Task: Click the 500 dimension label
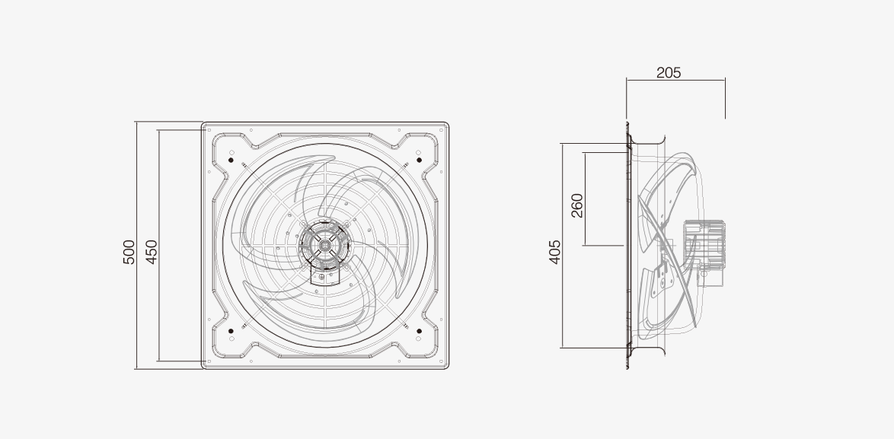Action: pos(129,253)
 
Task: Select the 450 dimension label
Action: pos(151,253)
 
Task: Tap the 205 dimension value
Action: pos(669,73)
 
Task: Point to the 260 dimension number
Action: pos(577,205)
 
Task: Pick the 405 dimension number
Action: pos(555,252)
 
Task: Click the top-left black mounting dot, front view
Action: pos(231,160)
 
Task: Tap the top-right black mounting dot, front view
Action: pos(419,160)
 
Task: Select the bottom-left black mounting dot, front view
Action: pos(231,331)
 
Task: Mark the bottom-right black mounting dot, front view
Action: pos(419,331)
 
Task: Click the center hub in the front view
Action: pos(325,245)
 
